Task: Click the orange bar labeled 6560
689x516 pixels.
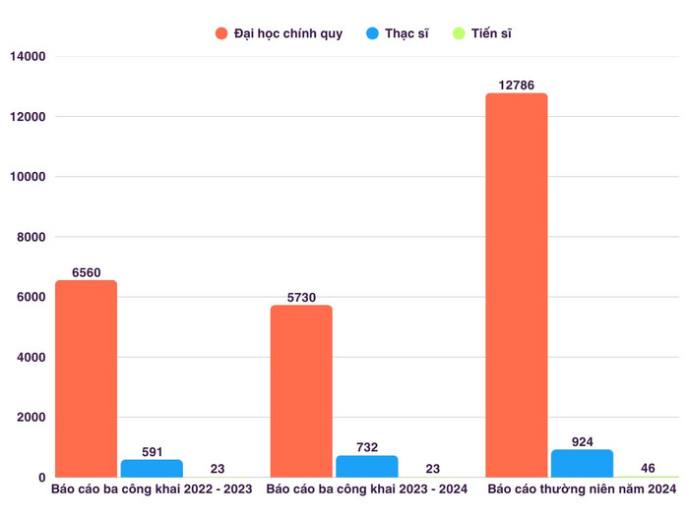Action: coord(86,378)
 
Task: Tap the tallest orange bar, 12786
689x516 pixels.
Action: coord(517,285)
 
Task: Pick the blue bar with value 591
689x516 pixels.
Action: coord(152,468)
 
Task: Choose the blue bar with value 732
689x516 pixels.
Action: coord(367,466)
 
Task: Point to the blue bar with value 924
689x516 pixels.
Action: coord(583,463)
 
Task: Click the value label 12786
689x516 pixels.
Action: coord(517,86)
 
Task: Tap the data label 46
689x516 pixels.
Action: coord(648,469)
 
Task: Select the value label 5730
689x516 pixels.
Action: coord(301,298)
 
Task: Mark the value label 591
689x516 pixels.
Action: coord(152,452)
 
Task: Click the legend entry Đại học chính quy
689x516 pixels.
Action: coord(288,34)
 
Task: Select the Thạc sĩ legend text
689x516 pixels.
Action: coord(407,34)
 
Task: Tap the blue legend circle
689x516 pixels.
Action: coord(372,34)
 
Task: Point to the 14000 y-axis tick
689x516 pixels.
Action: coord(28,57)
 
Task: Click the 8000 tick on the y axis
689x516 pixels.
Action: coord(31,237)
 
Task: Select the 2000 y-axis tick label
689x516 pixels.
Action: coord(31,418)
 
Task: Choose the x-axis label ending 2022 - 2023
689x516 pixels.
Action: coord(152,488)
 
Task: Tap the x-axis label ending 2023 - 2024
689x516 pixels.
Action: coord(367,488)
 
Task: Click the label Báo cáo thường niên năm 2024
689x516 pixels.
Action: coord(583,488)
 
